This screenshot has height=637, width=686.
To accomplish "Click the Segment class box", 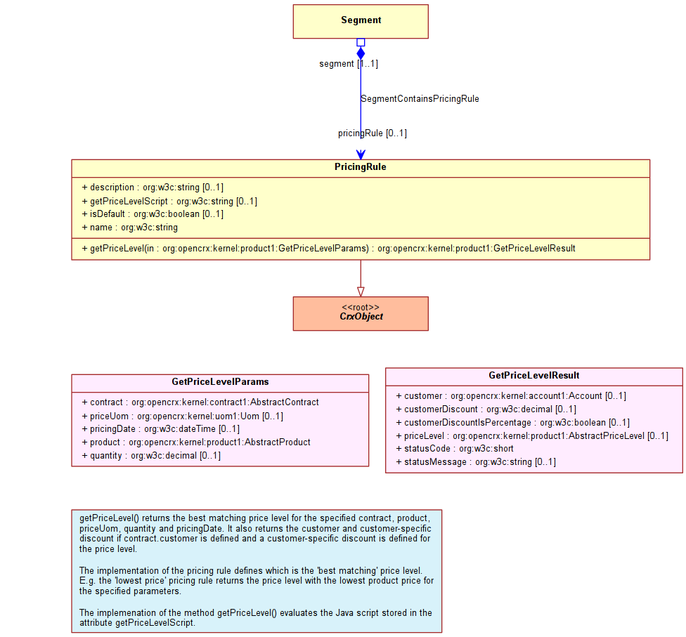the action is [361, 22].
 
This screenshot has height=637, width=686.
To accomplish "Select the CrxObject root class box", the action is [361, 313].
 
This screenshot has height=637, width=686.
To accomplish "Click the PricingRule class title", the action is [361, 167].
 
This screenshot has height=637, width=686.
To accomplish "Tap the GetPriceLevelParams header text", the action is [220, 381].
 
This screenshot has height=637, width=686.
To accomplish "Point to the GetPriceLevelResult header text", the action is [533, 375].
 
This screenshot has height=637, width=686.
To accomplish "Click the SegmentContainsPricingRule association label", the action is [420, 99].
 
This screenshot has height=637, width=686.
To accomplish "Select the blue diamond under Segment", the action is [361, 53].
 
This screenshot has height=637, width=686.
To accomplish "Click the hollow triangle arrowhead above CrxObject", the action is [361, 291].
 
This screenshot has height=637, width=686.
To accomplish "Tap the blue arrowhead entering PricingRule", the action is [361, 155].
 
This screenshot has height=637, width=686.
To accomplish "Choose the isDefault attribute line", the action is [153, 214].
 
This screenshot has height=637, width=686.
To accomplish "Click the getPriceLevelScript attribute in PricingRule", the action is [169, 201].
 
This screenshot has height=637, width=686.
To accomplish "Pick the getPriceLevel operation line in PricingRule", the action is [328, 249].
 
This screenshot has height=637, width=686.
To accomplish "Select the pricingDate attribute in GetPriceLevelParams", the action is [160, 429].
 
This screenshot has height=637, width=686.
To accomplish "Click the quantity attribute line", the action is [151, 456].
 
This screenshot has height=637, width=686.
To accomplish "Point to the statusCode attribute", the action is [455, 449].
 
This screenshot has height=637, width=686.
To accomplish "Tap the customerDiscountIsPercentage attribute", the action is [513, 422].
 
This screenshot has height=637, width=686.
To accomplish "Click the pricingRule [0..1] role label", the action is [373, 133].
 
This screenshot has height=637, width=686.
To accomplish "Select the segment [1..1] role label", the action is [349, 64].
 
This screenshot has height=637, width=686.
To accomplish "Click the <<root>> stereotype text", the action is [361, 308].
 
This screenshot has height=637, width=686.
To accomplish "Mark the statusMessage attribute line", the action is [476, 462].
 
